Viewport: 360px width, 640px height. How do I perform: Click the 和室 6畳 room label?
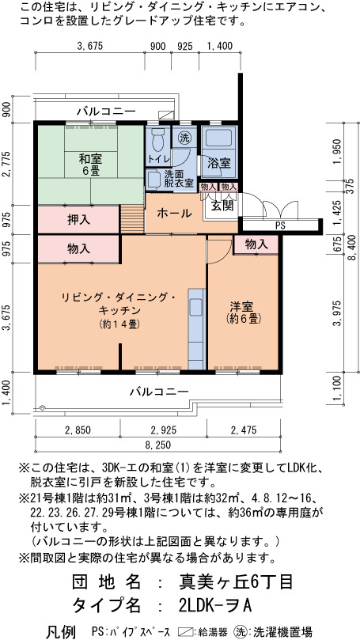click(x=90, y=164)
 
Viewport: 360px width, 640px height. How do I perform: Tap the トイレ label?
click(x=157, y=159)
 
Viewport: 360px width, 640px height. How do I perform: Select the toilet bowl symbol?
click(x=157, y=140)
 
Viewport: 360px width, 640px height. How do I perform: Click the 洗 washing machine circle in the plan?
click(x=184, y=138)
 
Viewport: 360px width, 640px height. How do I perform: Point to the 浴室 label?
click(x=219, y=163)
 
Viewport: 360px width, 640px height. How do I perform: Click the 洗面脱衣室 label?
click(x=178, y=178)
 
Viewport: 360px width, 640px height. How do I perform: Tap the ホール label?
click(x=174, y=213)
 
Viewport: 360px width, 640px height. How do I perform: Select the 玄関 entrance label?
click(x=222, y=206)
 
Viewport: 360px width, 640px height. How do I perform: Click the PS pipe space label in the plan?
click(x=280, y=225)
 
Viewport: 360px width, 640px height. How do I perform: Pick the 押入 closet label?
click(x=78, y=220)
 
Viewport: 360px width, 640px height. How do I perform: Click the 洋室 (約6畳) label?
click(x=244, y=312)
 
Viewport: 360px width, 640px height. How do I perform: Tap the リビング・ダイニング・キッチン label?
click(x=119, y=303)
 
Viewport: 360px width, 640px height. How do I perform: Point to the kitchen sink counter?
click(x=196, y=329)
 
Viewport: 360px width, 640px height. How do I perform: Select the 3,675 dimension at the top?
click(x=90, y=46)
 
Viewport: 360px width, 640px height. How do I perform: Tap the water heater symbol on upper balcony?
click(x=166, y=115)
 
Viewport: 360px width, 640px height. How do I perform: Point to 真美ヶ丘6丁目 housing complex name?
click(x=236, y=581)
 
